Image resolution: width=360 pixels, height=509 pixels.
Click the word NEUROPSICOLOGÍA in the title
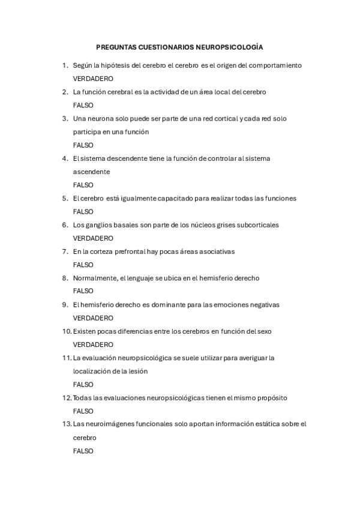pos(230,46)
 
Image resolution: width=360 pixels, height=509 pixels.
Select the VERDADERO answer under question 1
pos(93,79)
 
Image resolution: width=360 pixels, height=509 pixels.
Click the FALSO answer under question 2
pos(83,105)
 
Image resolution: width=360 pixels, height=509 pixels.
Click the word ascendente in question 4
pos(92,172)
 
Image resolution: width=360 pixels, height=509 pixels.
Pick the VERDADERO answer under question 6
pos(93,238)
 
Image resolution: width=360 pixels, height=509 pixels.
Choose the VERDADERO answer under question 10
pos(93,345)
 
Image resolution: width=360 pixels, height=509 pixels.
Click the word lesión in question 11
pos(138,371)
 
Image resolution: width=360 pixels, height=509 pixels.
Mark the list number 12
pos(67,398)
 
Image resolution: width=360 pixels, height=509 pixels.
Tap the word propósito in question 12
pos(271,398)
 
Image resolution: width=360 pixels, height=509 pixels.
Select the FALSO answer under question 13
pos(83,451)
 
